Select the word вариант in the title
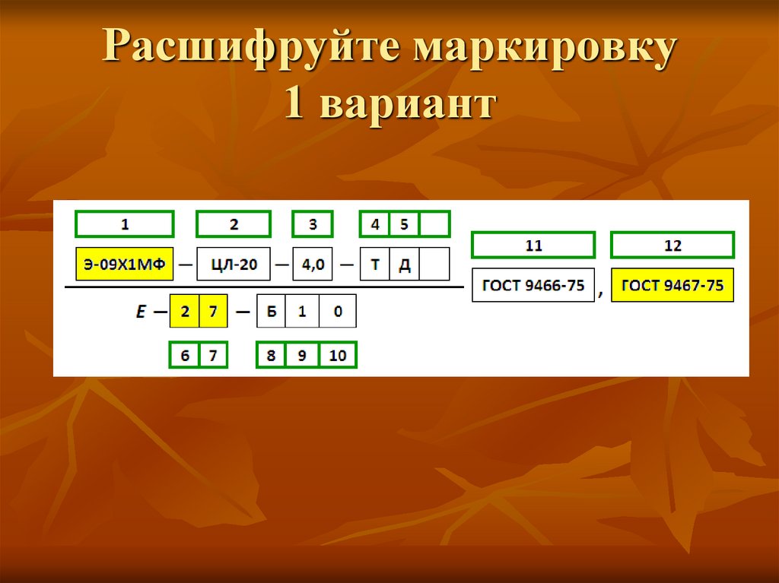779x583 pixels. point(409,106)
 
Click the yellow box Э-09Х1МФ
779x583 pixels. point(124,265)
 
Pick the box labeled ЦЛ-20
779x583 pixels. point(233,265)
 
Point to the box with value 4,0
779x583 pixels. point(313,265)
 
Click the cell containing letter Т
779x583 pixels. point(374,265)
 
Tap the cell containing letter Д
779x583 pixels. point(404,265)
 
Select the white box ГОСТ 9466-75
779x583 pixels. point(533,286)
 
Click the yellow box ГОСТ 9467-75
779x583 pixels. point(672,286)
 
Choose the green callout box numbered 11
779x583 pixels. point(533,246)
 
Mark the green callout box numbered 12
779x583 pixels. point(672,246)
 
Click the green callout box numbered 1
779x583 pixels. point(124,224)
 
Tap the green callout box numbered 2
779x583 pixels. point(233,224)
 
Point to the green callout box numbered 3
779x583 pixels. point(313,224)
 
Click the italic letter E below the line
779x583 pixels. point(141,312)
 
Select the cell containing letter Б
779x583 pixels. point(272,312)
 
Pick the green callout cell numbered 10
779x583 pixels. point(337,355)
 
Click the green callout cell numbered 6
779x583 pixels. point(184,355)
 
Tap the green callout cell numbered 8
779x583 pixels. point(271,355)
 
